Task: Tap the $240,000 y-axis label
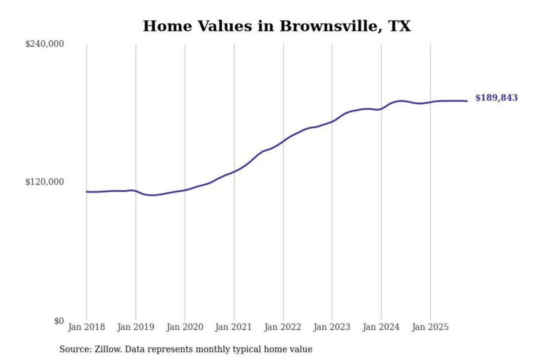pyautogui.click(x=45, y=44)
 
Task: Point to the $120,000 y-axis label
pyautogui.click(x=45, y=182)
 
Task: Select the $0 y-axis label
pyautogui.click(x=59, y=321)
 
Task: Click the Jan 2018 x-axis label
pyautogui.click(x=86, y=327)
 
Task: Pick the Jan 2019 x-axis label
pyautogui.click(x=135, y=327)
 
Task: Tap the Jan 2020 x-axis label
pyautogui.click(x=184, y=327)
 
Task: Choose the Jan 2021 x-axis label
pyautogui.click(x=233, y=327)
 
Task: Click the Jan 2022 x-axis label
pyautogui.click(x=282, y=327)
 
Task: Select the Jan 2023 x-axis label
pyautogui.click(x=331, y=327)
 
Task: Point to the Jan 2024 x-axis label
pyautogui.click(x=381, y=327)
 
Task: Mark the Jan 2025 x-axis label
pyautogui.click(x=430, y=327)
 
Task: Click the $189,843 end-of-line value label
pyautogui.click(x=496, y=98)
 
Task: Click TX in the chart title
pyautogui.click(x=400, y=26)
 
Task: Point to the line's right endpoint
pyautogui.click(x=467, y=101)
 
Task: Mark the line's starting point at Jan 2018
pyautogui.click(x=87, y=192)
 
